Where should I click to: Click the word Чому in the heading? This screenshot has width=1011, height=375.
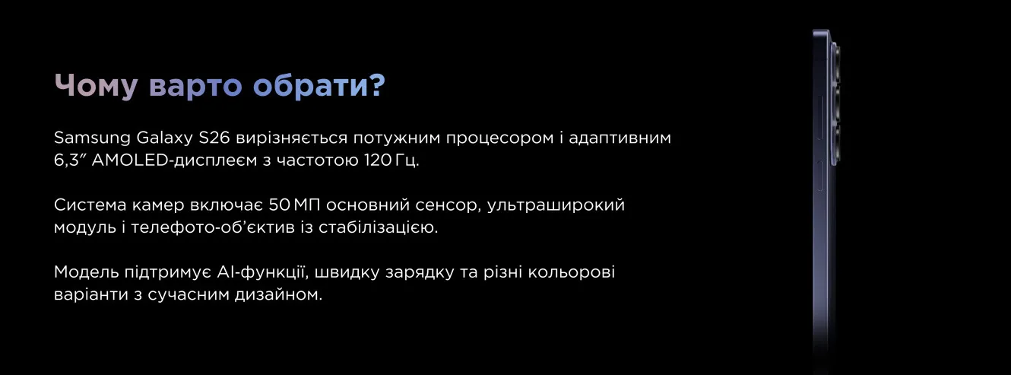[x=96, y=85]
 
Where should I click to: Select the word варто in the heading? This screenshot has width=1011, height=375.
[x=195, y=86]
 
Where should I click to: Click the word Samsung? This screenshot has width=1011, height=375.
[x=92, y=138]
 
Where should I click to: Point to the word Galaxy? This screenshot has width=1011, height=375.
[x=165, y=138]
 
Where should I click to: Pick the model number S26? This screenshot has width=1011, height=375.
[x=214, y=138]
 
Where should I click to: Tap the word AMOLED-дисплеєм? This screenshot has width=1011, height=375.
[x=174, y=160]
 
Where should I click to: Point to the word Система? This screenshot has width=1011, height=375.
[x=90, y=205]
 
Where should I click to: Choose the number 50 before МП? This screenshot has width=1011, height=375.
[x=279, y=205]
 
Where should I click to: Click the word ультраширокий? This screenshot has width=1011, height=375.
[x=556, y=206]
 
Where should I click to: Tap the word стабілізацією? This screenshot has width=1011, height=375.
[x=379, y=227]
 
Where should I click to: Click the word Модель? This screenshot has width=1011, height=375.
[x=86, y=272]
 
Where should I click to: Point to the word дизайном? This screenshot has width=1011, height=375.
[x=278, y=295]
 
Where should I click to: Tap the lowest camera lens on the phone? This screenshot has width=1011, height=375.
[x=836, y=144]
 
